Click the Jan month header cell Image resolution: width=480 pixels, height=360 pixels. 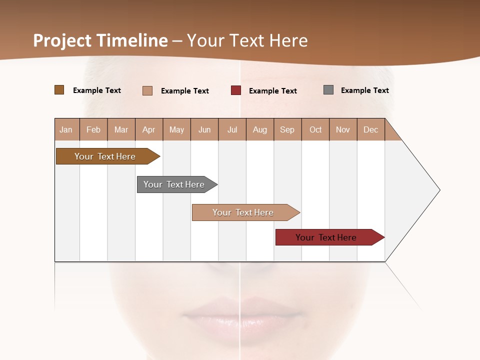click(x=66, y=129)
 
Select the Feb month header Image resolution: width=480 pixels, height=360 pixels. click(x=93, y=129)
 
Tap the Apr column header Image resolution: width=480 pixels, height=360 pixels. click(x=149, y=129)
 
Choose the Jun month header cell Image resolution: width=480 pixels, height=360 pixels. click(x=204, y=129)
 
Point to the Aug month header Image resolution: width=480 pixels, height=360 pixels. click(x=260, y=129)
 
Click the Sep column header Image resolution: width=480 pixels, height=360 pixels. click(x=287, y=129)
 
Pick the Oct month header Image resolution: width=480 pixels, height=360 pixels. click(x=315, y=129)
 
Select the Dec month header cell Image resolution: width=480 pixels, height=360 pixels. click(x=371, y=129)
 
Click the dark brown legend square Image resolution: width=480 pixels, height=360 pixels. click(x=59, y=90)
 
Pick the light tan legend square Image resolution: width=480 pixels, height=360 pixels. click(x=147, y=90)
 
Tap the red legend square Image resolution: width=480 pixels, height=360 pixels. click(x=236, y=90)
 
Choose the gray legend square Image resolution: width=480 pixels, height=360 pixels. click(x=328, y=90)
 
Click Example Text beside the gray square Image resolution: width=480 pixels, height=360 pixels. click(x=364, y=90)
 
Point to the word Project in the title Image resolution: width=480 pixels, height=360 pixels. click(x=61, y=40)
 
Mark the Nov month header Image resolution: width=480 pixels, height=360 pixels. click(x=343, y=129)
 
